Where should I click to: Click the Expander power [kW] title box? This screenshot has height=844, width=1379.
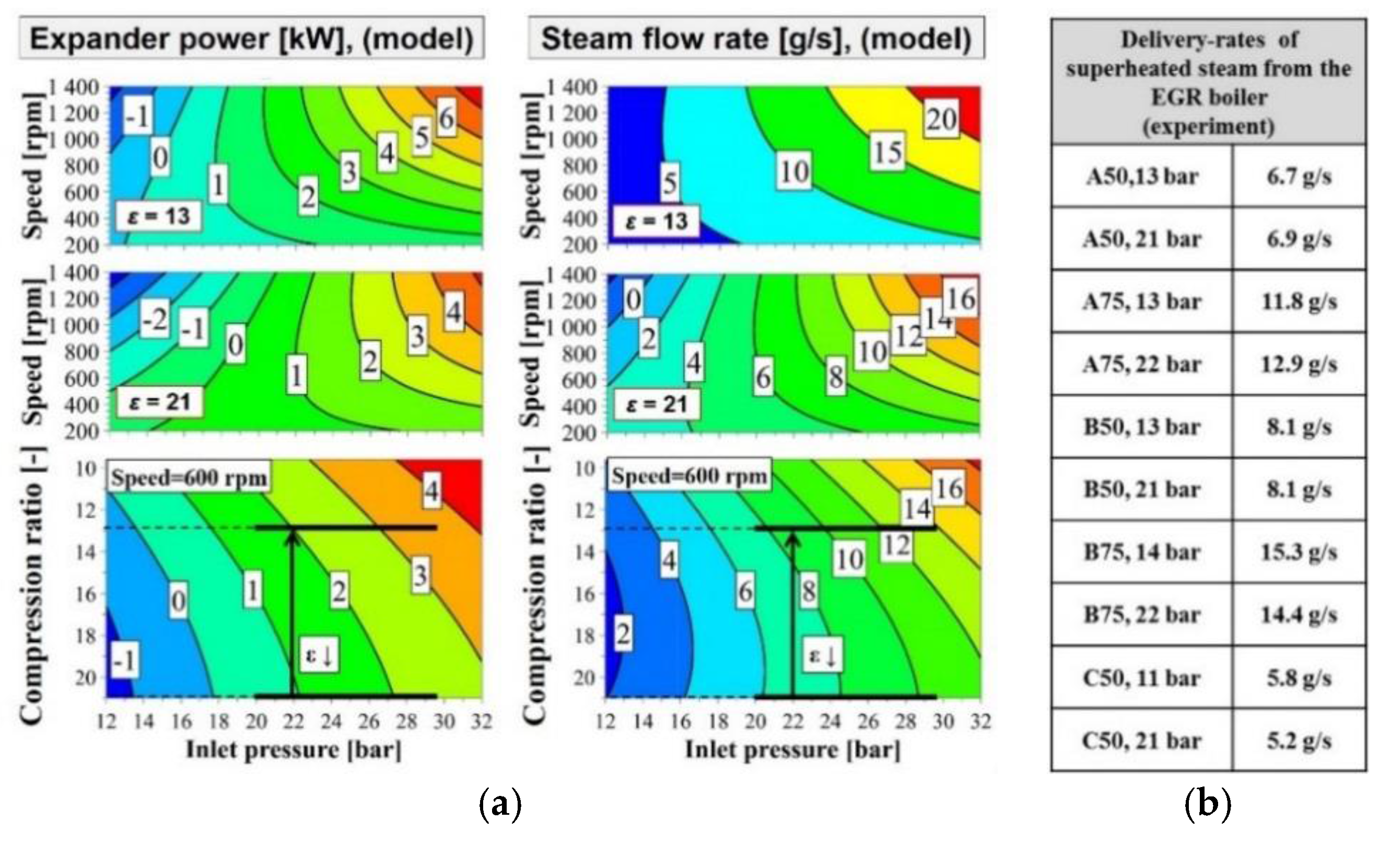pyautogui.click(x=251, y=39)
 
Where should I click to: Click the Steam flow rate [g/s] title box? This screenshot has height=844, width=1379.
pyautogui.click(x=756, y=39)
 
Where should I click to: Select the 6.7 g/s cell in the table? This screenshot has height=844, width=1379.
pyautogui.click(x=1299, y=177)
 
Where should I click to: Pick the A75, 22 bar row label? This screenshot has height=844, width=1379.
pyautogui.click(x=1142, y=365)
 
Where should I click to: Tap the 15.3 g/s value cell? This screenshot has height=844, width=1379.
pyautogui.click(x=1299, y=553)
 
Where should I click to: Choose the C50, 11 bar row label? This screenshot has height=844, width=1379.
pyautogui.click(x=1142, y=678)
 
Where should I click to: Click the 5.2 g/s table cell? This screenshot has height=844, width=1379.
pyautogui.click(x=1299, y=741)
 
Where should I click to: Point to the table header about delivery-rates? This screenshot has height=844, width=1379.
pyautogui.click(x=1208, y=83)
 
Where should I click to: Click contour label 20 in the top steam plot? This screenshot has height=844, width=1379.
pyautogui.click(x=941, y=119)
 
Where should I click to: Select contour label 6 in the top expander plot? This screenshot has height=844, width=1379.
pyautogui.click(x=446, y=118)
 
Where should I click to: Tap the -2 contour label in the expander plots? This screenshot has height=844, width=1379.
pyautogui.click(x=154, y=320)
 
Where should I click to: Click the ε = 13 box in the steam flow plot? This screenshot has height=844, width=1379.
pyautogui.click(x=656, y=221)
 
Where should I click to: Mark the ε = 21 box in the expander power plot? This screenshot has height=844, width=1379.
pyautogui.click(x=159, y=401)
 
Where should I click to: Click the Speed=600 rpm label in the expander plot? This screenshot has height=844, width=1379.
pyautogui.click(x=189, y=478)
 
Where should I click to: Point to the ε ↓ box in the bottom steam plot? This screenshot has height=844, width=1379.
pyautogui.click(x=823, y=655)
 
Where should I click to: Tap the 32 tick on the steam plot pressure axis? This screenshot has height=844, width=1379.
pyautogui.click(x=980, y=721)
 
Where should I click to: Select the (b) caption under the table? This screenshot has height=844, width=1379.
pyautogui.click(x=1208, y=805)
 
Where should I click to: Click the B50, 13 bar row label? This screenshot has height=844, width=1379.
pyautogui.click(x=1142, y=427)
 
